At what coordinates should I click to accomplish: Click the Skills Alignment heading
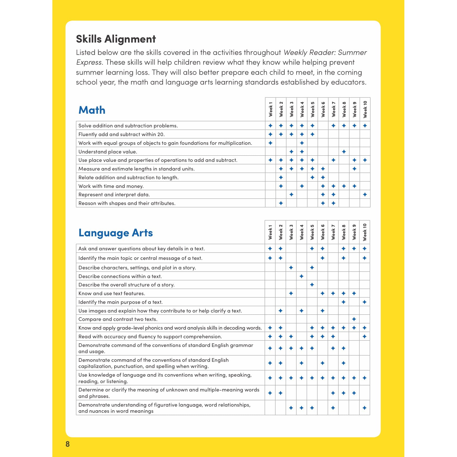tap(116, 39)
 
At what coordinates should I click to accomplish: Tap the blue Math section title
tap(92, 110)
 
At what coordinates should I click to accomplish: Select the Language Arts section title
tap(115, 233)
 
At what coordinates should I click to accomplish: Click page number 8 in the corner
tap(67, 444)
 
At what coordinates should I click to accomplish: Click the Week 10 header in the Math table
tap(365, 109)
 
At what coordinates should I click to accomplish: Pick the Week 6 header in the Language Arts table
tap(323, 232)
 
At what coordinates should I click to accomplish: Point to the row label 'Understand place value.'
tap(108, 151)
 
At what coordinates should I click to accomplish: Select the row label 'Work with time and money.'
tap(111, 186)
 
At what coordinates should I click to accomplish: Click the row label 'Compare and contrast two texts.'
tap(118, 319)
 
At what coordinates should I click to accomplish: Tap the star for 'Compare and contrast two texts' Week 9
tap(354, 319)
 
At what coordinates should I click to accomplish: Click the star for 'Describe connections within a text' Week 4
tap(301, 276)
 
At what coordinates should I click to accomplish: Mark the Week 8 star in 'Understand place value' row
tap(344, 151)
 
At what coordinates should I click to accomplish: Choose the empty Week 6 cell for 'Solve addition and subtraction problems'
tap(323, 125)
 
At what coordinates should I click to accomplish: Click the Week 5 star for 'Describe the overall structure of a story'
tap(312, 285)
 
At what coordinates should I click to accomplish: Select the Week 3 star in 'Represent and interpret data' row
tap(291, 194)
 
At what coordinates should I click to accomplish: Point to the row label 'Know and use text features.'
tap(111, 293)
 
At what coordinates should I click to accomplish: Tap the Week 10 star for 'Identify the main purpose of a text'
tap(364, 302)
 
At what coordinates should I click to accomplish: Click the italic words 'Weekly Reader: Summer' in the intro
tap(325, 52)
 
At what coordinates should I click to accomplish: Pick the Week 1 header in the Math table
tap(271, 109)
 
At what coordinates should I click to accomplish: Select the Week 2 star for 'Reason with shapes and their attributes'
tap(281, 203)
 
